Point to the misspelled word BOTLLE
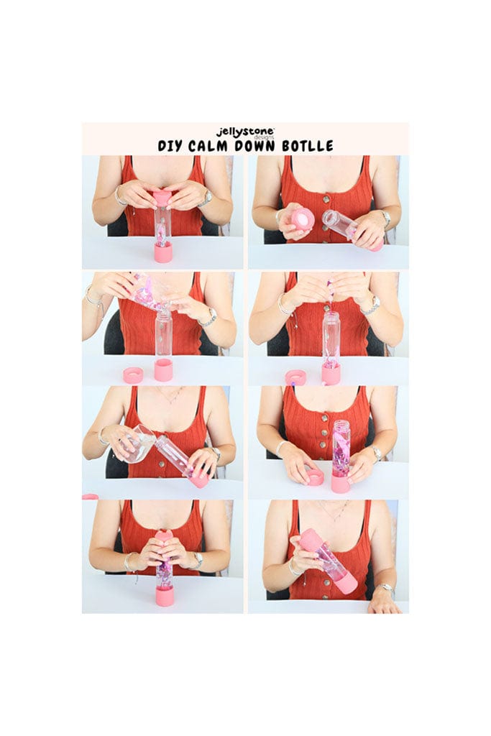tap(308, 145)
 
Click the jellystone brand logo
tap(245, 133)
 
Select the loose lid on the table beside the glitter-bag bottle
tap(133, 375)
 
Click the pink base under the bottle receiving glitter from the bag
tap(163, 369)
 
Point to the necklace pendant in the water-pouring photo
tap(172, 402)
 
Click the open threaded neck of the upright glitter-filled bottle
tap(341, 427)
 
